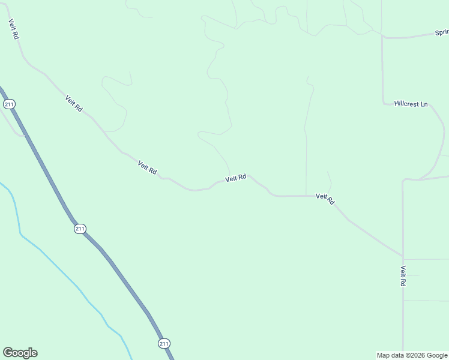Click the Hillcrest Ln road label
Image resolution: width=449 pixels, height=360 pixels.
coord(411,104)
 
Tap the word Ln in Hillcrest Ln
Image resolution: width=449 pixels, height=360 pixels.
coord(424,104)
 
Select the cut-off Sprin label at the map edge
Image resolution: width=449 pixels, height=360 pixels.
coord(442,33)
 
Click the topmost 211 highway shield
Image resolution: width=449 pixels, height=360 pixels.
coord(9,104)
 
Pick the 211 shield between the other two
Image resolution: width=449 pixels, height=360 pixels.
coord(80,229)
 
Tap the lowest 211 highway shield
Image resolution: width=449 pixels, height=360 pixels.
coord(164,343)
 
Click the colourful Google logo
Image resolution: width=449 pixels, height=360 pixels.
coord(20,353)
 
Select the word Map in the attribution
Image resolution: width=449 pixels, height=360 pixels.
coord(383,355)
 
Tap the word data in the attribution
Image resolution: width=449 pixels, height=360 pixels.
coord(397,355)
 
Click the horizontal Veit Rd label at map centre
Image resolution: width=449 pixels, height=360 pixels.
coord(236,178)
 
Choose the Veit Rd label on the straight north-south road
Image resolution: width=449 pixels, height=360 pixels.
coord(403,275)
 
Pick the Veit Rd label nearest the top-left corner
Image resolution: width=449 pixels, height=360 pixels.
coord(13,29)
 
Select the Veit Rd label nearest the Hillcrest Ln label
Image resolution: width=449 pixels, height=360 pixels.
coord(325,199)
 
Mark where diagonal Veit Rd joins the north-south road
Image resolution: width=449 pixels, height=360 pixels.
coord(403,256)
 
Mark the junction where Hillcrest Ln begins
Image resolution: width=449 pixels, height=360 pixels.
coord(384,103)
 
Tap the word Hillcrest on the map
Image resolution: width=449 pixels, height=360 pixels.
coord(406,104)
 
